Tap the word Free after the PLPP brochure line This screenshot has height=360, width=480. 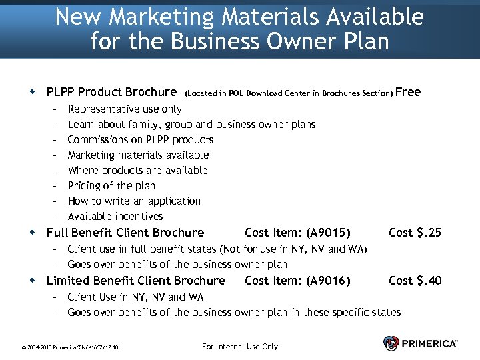409,92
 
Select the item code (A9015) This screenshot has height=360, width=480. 328,233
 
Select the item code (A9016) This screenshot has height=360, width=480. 328,281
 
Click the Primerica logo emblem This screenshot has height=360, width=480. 391,343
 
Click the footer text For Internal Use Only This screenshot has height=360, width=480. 239,346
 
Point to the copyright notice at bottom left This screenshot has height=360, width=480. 70,347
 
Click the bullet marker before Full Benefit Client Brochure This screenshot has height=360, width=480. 32,233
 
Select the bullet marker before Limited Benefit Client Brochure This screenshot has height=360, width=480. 32,281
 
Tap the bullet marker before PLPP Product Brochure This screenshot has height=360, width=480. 32,92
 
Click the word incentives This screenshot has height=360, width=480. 139,217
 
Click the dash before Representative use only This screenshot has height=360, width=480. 55,109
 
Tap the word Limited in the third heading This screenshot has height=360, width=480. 66,281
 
